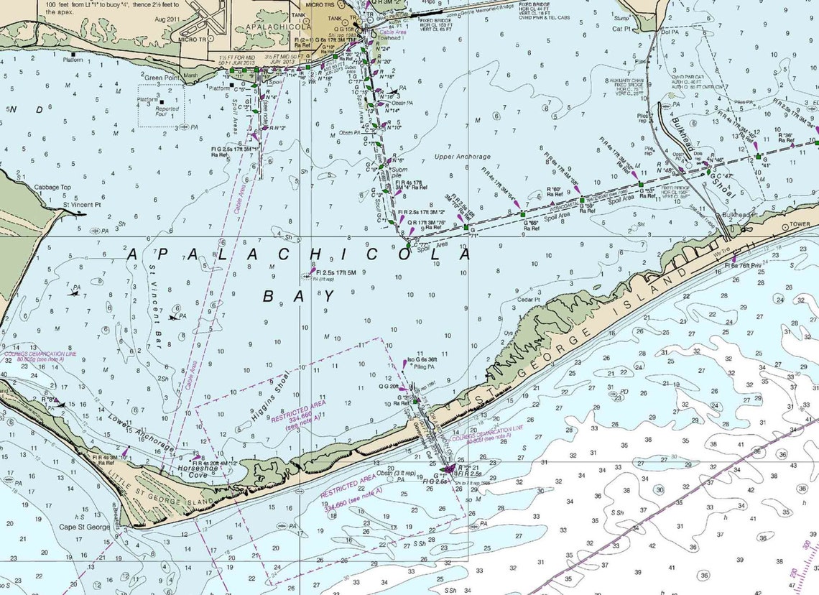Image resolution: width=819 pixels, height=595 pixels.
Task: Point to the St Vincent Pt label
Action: click(x=81, y=204)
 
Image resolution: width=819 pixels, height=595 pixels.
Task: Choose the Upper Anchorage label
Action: click(x=462, y=157)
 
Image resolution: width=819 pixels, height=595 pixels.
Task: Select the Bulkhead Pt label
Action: click(x=739, y=214)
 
